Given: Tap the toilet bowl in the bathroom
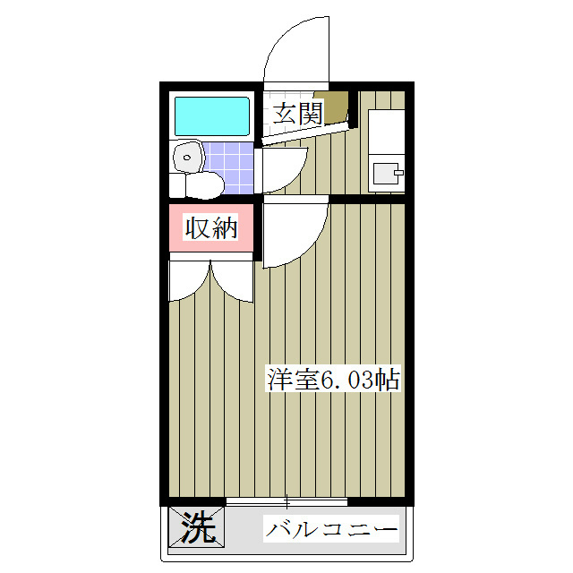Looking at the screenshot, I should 199,184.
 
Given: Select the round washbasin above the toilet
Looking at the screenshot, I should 187,156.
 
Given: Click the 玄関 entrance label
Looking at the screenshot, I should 296,114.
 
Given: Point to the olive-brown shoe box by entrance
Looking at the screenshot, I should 337,107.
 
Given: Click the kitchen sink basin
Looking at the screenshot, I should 386,171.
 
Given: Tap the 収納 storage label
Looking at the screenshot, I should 211,228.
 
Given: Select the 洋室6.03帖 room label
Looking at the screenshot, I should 332,379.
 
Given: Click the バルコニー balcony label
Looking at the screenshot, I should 331,530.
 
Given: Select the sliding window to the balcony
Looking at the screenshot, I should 286,501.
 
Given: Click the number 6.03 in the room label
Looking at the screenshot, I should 344,379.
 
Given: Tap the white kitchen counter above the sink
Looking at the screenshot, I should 386,131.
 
